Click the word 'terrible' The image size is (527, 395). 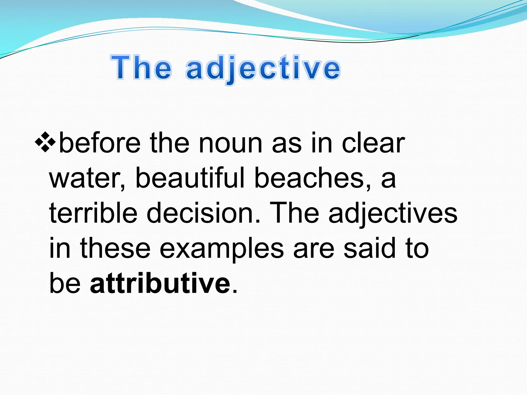(93, 213)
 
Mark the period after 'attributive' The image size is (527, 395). (234, 291)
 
